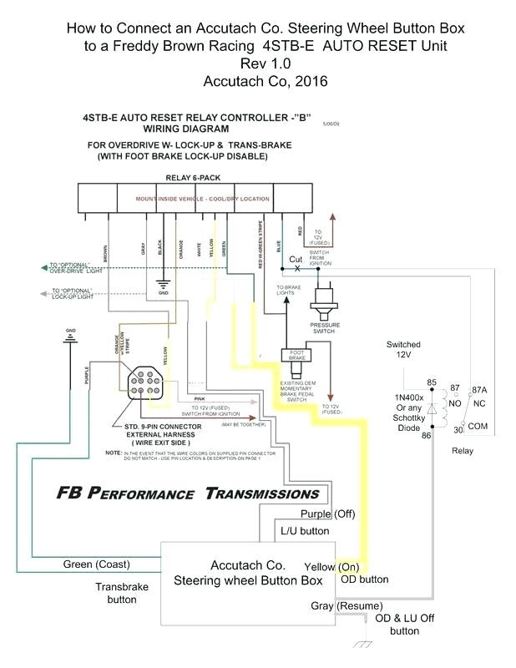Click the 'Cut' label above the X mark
tap(296, 259)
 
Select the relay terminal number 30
tap(458, 430)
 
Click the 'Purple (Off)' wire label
tap(328, 514)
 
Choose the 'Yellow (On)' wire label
tap(332, 566)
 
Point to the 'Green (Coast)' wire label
tap(96, 564)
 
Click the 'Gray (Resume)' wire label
tap(347, 605)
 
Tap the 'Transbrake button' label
tap(121, 593)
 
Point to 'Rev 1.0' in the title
tap(265, 64)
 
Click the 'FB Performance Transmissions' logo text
tap(188, 493)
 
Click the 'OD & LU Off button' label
tap(405, 625)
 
